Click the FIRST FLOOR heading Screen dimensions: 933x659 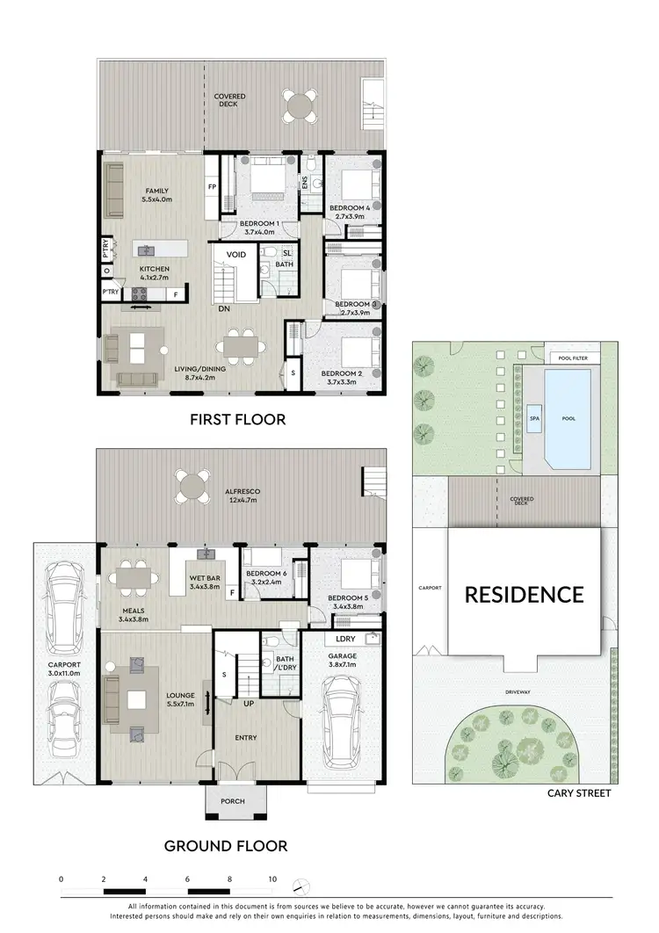point(238,420)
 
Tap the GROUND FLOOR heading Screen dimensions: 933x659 point(226,846)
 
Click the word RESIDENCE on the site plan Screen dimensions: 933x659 point(524,595)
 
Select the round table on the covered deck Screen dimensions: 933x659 point(301,106)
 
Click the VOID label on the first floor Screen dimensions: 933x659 point(236,255)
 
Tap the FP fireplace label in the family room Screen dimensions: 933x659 point(212,187)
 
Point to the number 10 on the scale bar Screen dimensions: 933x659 point(272,879)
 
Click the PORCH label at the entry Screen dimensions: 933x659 point(232,801)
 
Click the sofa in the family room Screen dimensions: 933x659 point(115,191)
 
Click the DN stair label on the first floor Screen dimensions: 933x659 point(225,308)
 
